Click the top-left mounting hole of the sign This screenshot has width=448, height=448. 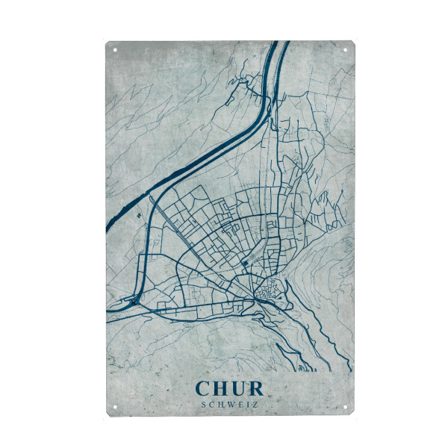[x=115, y=51]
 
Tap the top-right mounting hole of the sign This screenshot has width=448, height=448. [x=346, y=51]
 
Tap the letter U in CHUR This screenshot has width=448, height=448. [x=239, y=388]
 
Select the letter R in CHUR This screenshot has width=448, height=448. [x=256, y=388]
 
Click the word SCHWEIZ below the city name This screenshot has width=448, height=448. [x=229, y=405]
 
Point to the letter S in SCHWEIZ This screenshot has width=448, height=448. [x=204, y=405]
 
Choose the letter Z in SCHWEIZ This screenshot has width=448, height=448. [x=255, y=405]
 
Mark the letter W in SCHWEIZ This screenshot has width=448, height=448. [x=230, y=405]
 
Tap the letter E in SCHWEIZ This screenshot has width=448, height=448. [x=240, y=405]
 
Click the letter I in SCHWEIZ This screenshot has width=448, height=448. [x=247, y=405]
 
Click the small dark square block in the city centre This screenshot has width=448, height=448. [x=245, y=263]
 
